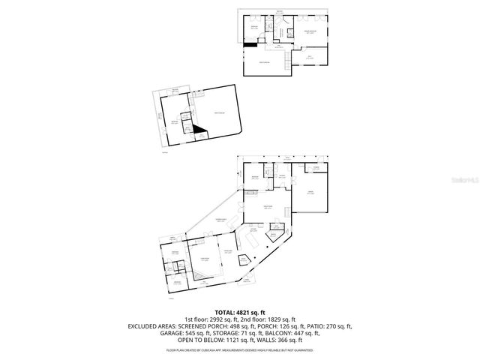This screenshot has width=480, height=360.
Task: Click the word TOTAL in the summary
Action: (x=226, y=311)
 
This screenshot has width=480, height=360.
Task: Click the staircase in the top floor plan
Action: (x=285, y=67)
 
